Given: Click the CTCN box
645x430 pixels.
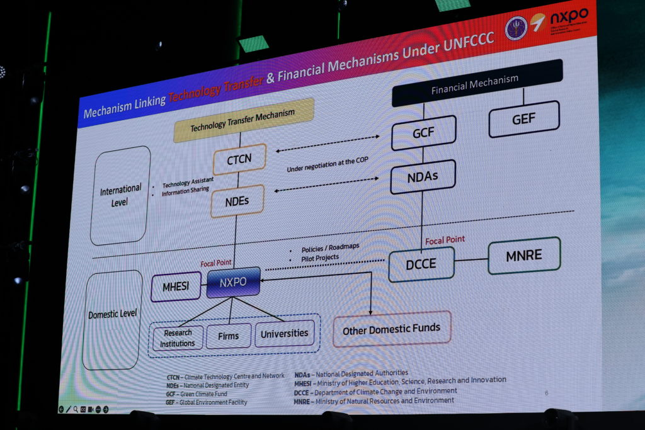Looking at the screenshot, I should (239, 159).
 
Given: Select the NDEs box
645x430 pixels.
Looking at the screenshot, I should (237, 202).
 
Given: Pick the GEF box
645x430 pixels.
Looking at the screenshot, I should (523, 118).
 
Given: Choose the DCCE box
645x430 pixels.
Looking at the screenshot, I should (421, 264).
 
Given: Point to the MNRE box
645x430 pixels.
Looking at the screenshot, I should (523, 256).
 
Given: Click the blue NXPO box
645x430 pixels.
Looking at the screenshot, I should (232, 283).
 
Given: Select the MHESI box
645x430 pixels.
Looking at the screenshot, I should (176, 287).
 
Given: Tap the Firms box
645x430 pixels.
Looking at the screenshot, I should (228, 336).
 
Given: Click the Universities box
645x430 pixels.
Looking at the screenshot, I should (284, 333).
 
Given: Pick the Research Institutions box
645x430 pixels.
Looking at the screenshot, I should (178, 338).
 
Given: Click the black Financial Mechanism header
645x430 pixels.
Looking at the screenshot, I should (476, 82).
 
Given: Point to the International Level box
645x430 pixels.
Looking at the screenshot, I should (120, 195).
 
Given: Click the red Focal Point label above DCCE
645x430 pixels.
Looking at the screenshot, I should (445, 240).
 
